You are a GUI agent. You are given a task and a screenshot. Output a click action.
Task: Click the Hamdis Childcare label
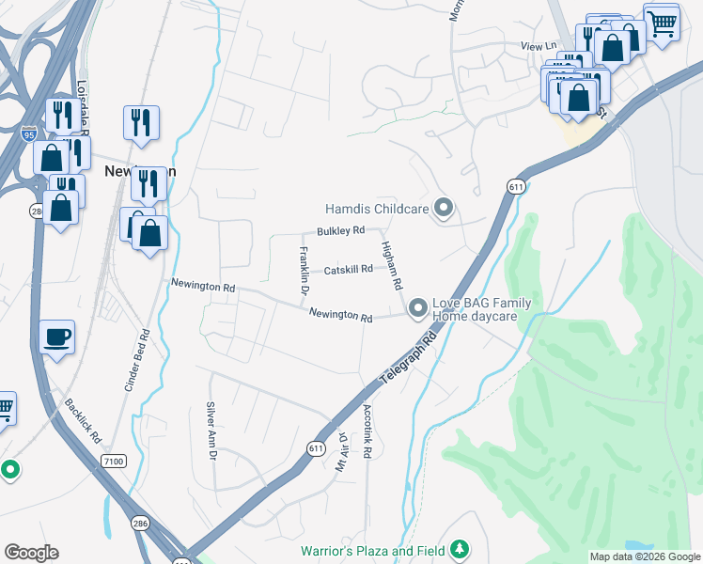click(376, 209)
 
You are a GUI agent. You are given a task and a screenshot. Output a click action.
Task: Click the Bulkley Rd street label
click(340, 230)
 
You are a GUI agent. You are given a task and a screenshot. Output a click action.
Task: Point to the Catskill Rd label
click(349, 270)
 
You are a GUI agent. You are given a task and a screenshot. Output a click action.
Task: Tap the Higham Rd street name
click(392, 264)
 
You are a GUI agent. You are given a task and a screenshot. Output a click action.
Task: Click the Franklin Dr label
click(304, 270)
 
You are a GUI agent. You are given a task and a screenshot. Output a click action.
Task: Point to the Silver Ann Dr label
click(211, 431)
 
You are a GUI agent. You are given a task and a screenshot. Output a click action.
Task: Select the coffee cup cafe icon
click(57, 337)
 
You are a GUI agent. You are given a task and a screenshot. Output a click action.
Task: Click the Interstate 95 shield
click(30, 133)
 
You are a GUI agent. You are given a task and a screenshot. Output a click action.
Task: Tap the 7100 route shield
click(115, 461)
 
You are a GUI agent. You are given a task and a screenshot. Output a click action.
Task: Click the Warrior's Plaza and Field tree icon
click(460, 548)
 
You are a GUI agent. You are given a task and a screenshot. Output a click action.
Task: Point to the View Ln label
click(539, 45)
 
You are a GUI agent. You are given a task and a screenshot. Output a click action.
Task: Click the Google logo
click(31, 553)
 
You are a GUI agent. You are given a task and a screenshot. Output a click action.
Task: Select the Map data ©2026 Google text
click(644, 556)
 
